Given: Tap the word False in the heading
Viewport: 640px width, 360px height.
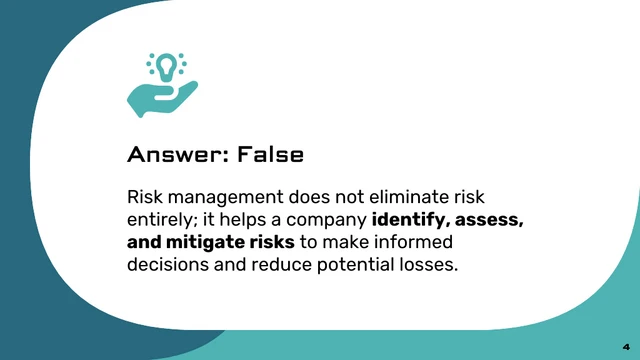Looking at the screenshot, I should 266,155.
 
